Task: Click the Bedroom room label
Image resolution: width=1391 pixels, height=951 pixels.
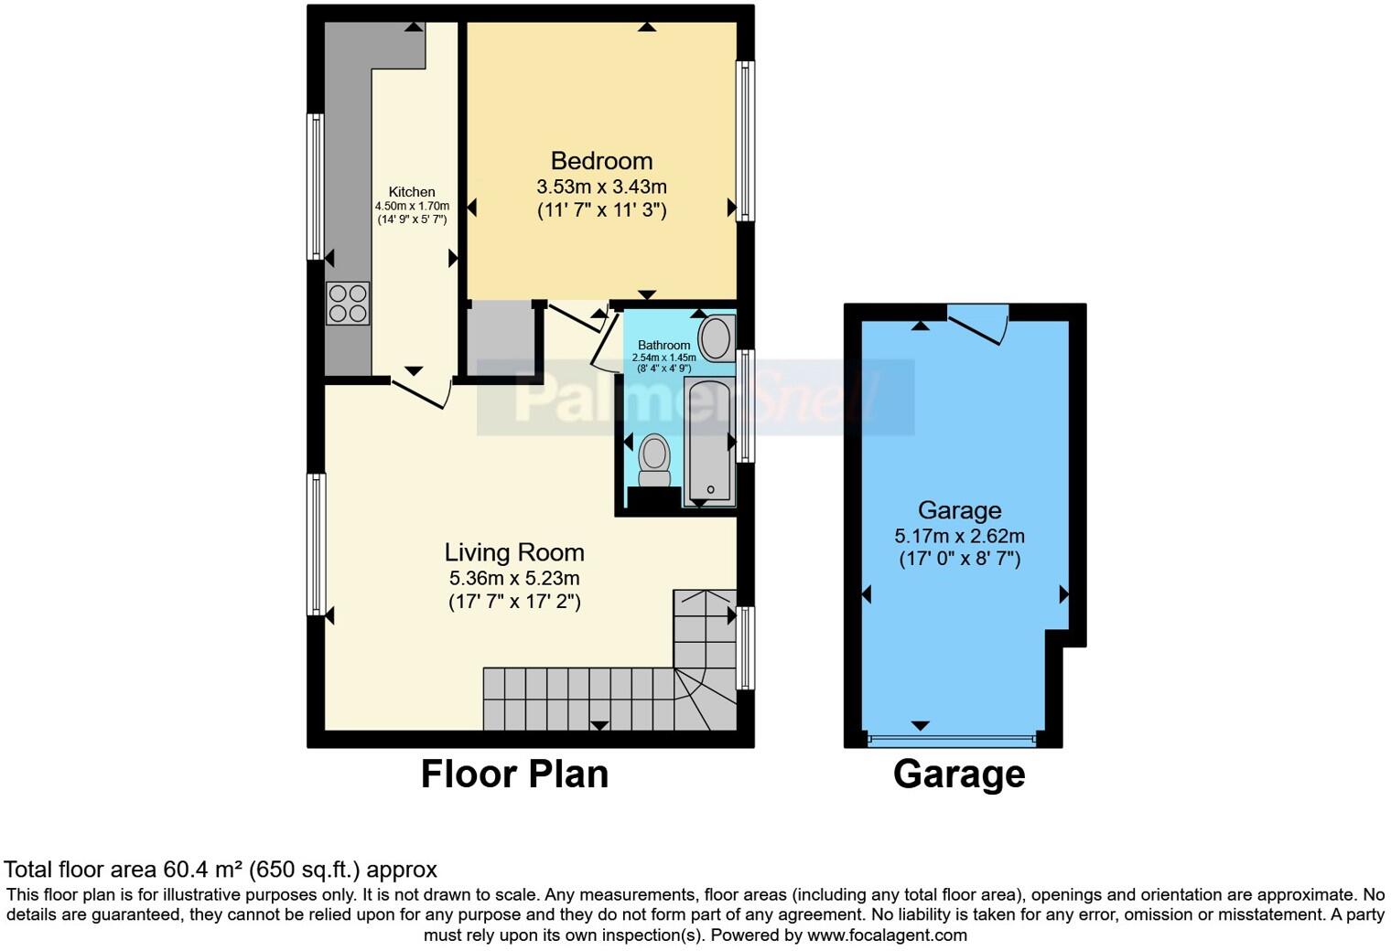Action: (x=601, y=161)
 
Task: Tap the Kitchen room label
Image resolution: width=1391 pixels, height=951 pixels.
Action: (x=412, y=192)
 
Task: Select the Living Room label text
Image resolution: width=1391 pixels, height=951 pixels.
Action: (x=514, y=552)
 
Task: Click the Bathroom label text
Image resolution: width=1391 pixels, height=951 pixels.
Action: (x=663, y=346)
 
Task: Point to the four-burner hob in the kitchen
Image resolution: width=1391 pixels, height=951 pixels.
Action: (x=348, y=304)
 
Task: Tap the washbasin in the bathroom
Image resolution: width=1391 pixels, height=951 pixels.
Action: (x=717, y=337)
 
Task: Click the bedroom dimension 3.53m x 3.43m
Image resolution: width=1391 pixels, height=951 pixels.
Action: (x=601, y=187)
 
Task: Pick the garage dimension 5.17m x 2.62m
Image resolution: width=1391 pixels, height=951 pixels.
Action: (x=959, y=536)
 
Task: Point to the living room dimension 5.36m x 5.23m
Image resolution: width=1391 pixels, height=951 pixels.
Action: (x=514, y=578)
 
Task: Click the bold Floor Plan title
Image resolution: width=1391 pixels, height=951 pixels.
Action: (x=514, y=775)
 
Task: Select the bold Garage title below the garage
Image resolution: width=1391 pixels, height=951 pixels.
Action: (x=959, y=775)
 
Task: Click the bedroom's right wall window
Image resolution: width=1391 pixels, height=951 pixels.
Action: (x=747, y=141)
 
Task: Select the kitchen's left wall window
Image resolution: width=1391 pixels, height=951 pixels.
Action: (x=316, y=187)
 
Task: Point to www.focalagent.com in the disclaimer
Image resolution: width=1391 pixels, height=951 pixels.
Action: (x=886, y=935)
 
